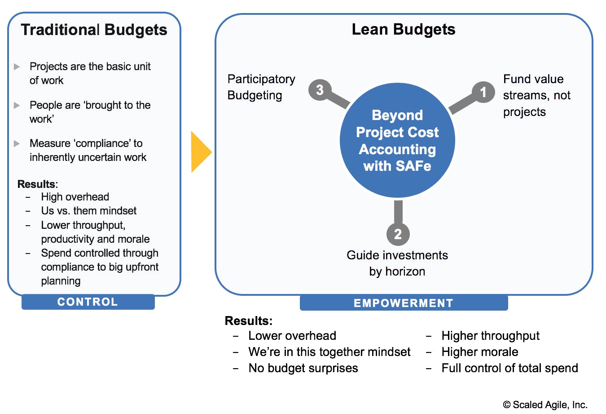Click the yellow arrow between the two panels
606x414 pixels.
click(201, 152)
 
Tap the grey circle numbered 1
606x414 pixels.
click(483, 92)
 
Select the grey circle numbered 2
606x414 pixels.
click(398, 234)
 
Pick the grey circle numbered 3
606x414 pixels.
click(320, 90)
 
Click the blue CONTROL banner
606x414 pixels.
click(88, 302)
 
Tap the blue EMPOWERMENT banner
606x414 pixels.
click(404, 303)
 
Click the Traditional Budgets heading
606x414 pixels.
click(94, 30)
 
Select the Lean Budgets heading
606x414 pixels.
click(404, 29)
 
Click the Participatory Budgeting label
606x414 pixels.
click(261, 87)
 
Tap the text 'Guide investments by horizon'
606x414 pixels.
click(397, 263)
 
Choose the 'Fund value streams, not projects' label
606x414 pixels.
click(537, 95)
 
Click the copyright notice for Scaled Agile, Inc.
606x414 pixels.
click(545, 405)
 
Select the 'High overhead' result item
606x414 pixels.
click(75, 197)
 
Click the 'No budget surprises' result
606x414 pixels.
click(303, 368)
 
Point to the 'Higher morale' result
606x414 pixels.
click(480, 352)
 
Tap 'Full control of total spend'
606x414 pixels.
click(509, 368)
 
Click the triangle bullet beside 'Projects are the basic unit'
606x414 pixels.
click(17, 67)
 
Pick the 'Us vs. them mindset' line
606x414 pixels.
click(89, 211)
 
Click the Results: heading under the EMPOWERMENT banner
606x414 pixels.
click(249, 321)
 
